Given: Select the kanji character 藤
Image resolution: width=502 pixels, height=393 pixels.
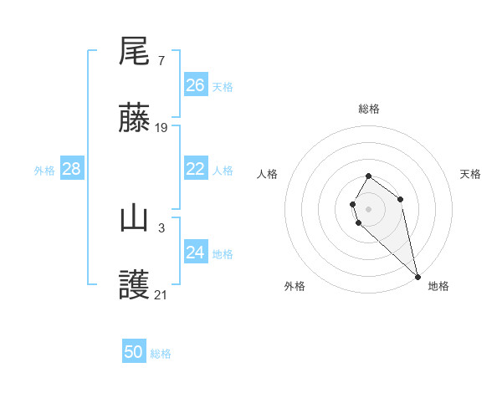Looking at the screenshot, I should [x=135, y=120].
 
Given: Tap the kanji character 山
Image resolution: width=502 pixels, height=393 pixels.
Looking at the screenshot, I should [x=135, y=219].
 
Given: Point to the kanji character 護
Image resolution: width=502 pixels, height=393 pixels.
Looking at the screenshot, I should [x=135, y=287].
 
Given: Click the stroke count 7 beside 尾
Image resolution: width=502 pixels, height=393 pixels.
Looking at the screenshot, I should [x=161, y=60].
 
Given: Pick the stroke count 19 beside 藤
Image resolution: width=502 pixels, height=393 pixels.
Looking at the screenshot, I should [x=161, y=128].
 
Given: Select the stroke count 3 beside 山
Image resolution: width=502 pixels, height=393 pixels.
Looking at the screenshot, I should [x=161, y=227].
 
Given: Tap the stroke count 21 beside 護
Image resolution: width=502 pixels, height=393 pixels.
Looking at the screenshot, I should [x=161, y=295].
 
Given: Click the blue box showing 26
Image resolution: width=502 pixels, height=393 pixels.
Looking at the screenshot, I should [x=196, y=85].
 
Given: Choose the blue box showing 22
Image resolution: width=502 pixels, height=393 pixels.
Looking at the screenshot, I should [x=196, y=169].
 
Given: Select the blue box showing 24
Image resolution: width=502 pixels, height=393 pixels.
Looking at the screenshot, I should [x=196, y=253].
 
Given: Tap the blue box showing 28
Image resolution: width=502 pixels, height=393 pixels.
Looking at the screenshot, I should [x=71, y=169].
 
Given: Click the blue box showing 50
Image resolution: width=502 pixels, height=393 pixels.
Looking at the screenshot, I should [x=134, y=352].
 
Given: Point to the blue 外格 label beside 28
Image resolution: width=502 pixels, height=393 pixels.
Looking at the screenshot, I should [x=44, y=171].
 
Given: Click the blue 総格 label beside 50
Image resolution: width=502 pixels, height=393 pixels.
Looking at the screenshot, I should [x=161, y=354].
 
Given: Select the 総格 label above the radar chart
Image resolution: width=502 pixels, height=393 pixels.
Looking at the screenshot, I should [x=368, y=109].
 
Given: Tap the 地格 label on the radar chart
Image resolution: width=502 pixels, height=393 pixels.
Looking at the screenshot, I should [x=438, y=286].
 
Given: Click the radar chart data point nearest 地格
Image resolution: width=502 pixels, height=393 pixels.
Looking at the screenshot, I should [x=417, y=276].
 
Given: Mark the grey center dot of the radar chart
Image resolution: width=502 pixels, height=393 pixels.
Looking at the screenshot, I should [x=368, y=208].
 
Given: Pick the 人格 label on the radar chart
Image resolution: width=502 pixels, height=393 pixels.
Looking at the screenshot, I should [x=268, y=174].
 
